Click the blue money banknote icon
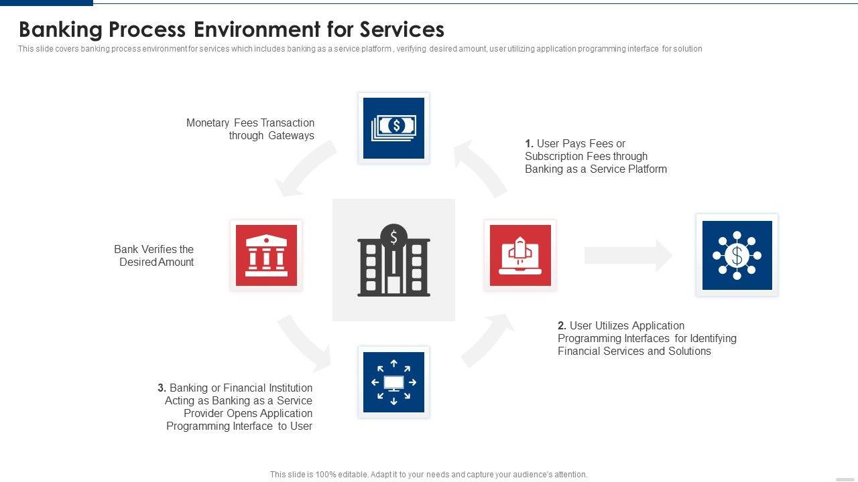tap(393, 128)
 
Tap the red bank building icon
tap(266, 255)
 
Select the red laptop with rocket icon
tap(520, 255)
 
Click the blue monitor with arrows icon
tap(393, 382)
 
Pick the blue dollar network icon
tap(737, 255)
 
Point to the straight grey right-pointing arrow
tap(628, 255)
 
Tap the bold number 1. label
tap(530, 143)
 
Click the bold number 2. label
tap(562, 325)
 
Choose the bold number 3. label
tap(162, 388)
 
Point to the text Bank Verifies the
tap(154, 249)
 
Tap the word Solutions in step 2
tap(690, 351)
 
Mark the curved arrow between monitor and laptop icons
tap(487, 341)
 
